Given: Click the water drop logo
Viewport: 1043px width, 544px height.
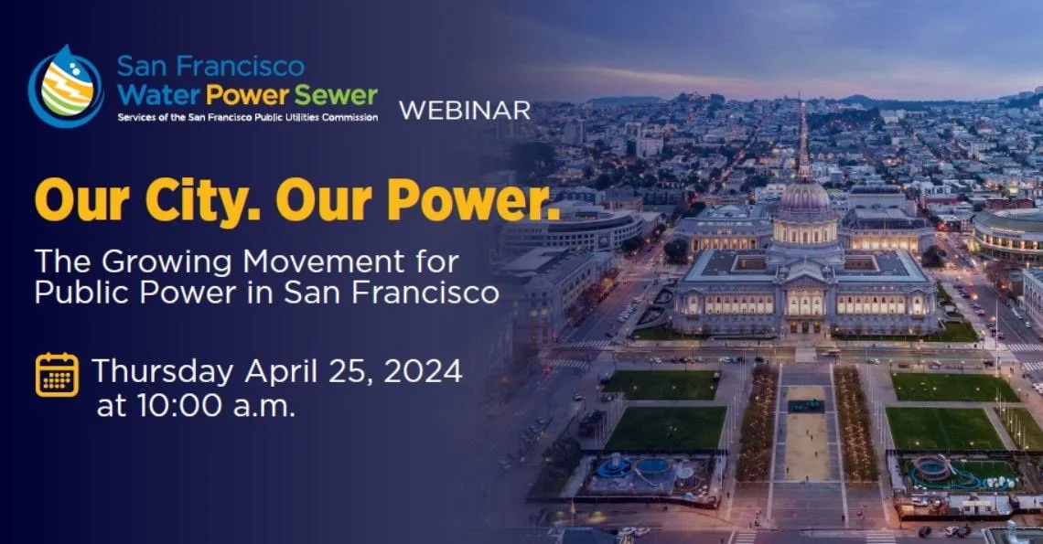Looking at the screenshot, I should point(65,86).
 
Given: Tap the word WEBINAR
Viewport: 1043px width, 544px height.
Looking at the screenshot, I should point(465,111).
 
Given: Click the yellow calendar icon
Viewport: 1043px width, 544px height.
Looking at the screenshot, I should point(57,374).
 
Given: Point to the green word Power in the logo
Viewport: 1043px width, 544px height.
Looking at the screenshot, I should point(248,94).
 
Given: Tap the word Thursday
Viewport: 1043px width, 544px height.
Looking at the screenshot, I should point(162,371).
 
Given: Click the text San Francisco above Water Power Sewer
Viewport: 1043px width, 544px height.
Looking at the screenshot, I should point(210,66).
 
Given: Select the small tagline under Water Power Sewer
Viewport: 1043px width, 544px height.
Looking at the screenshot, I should point(247,117).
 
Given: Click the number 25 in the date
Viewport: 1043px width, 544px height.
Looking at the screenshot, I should point(350,371).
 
